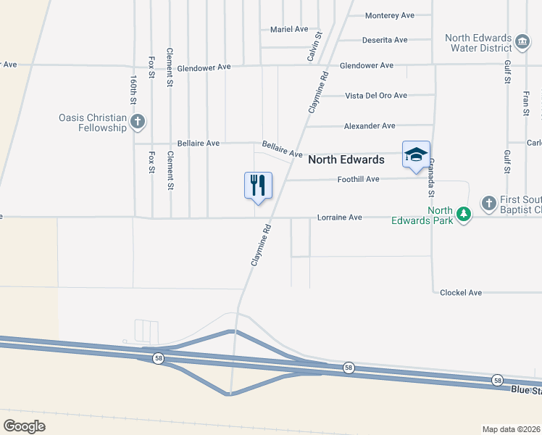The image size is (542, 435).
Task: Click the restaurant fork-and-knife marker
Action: coord(257,185)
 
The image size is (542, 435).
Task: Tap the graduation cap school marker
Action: coord(416,154)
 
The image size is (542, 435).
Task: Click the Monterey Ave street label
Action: coord(390,15)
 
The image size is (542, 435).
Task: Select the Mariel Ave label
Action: coord(289,29)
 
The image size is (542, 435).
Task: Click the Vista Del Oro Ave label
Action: coord(376,95)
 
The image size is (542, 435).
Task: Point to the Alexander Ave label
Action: coord(370,126)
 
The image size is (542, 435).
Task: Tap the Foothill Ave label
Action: coord(359,179)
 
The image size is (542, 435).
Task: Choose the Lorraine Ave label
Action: coord(340,217)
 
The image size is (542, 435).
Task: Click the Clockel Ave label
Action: coord(461,293)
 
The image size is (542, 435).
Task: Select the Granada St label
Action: coord(430,178)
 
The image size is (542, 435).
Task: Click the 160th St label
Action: coord(134,86)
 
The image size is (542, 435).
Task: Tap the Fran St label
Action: coord(525,102)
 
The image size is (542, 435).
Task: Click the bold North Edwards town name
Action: coord(346,159)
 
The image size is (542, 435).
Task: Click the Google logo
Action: coord(24,426)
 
